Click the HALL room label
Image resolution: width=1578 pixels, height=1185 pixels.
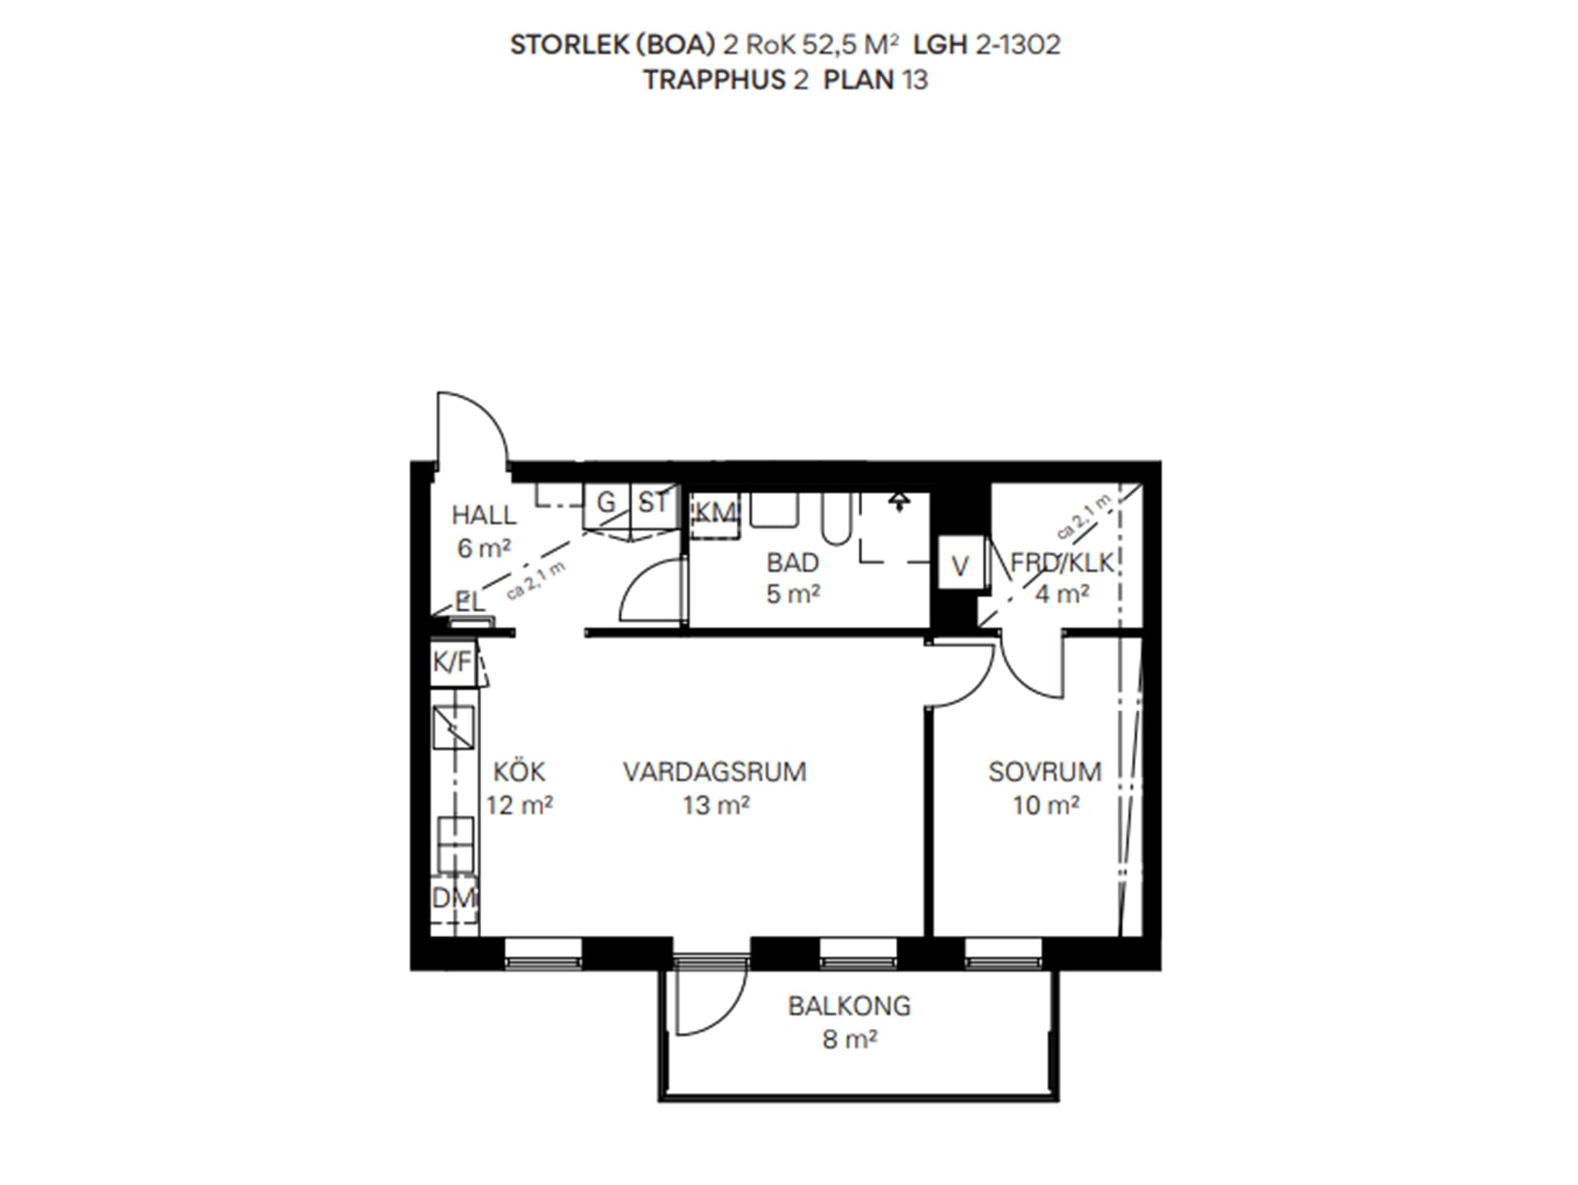point(484,516)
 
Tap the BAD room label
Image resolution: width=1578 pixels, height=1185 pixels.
point(793,563)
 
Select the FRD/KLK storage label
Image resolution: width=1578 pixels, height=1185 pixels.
point(1061,563)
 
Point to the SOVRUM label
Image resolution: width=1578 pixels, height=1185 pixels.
point(1045,772)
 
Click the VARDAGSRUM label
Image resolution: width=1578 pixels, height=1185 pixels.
point(715,772)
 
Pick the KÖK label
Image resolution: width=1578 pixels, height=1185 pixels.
point(519,772)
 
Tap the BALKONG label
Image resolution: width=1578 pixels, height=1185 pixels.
point(849,1006)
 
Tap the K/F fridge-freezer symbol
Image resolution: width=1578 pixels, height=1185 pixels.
point(453,662)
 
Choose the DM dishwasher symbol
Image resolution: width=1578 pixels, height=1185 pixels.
point(454,898)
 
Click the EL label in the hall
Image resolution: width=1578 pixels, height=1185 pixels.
point(470,602)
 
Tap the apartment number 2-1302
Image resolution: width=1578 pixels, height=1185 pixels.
point(1018,44)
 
